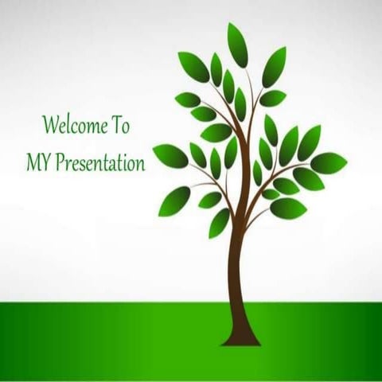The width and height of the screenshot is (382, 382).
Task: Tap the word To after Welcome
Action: point(121,126)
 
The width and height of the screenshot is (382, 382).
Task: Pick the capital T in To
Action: point(116,125)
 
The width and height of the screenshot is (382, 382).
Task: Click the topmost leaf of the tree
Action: point(238,44)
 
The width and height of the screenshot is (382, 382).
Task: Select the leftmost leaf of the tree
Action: point(170,155)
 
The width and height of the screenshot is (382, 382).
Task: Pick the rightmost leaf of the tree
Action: point(329,162)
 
